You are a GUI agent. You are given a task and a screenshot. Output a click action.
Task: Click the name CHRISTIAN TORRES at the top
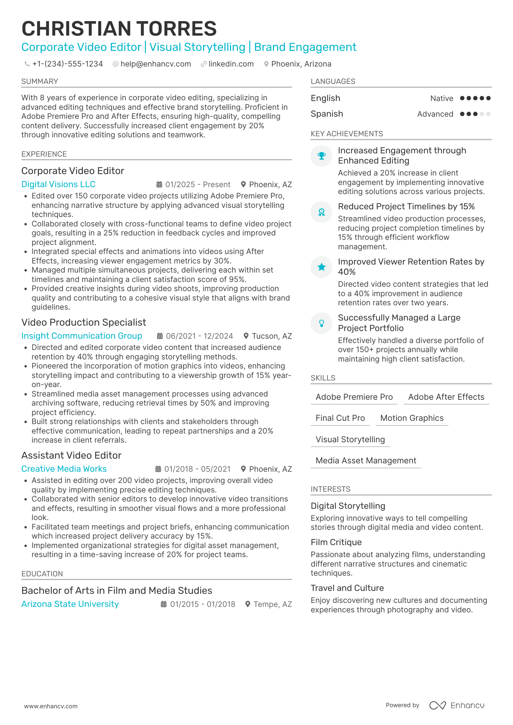click(119, 29)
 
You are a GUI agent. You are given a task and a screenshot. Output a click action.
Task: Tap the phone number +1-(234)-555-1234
click(67, 64)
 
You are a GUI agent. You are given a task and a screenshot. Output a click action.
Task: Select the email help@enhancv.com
click(155, 64)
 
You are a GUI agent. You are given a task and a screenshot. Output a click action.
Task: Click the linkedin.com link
click(231, 64)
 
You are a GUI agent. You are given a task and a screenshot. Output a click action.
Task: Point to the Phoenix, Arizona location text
click(301, 64)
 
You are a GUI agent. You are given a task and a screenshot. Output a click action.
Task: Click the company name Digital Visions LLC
click(58, 184)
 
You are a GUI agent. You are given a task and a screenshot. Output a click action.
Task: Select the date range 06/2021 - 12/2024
click(199, 336)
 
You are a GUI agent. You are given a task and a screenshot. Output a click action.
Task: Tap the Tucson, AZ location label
click(271, 336)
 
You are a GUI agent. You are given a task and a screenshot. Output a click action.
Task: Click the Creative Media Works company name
click(64, 469)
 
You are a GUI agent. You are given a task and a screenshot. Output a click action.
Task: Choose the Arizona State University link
click(70, 604)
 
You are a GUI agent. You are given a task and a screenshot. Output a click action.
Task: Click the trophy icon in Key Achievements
click(322, 156)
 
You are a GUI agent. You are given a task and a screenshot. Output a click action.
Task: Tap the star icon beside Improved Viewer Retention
click(322, 267)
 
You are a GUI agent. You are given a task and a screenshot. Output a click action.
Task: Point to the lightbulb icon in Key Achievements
click(322, 323)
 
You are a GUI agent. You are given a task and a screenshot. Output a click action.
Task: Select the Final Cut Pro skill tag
click(340, 418)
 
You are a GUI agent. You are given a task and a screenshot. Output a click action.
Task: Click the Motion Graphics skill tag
click(411, 418)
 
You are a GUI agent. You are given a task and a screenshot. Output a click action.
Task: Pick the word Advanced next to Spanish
click(435, 114)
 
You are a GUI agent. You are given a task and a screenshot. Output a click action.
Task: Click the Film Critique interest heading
click(336, 542)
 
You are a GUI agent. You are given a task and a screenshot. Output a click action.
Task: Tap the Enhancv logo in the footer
click(457, 705)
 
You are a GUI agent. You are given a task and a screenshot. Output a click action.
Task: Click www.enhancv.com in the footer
click(51, 706)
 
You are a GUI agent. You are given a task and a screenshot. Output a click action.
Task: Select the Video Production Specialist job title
click(84, 322)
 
